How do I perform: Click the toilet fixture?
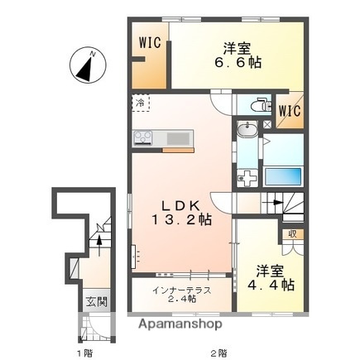pos(256,105)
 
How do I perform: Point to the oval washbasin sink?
pos(246,131)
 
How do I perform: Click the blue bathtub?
pos(283,175)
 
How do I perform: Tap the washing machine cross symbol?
pos(246,176)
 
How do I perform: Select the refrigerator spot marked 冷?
pos(140,104)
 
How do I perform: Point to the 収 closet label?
pos(292,234)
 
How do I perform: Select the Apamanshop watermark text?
pos(181,325)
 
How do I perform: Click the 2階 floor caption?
pos(218,353)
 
